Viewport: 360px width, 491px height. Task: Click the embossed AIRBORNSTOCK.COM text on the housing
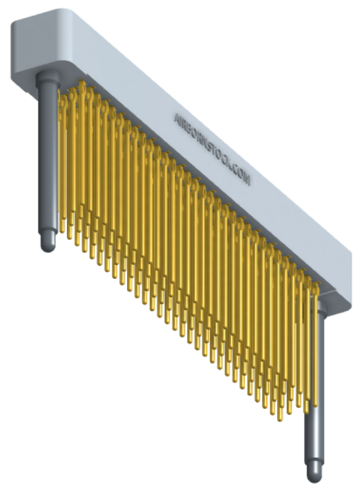point(212,149)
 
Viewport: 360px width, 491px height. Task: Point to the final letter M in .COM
point(246,179)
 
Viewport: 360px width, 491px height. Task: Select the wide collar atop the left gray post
point(47,77)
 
